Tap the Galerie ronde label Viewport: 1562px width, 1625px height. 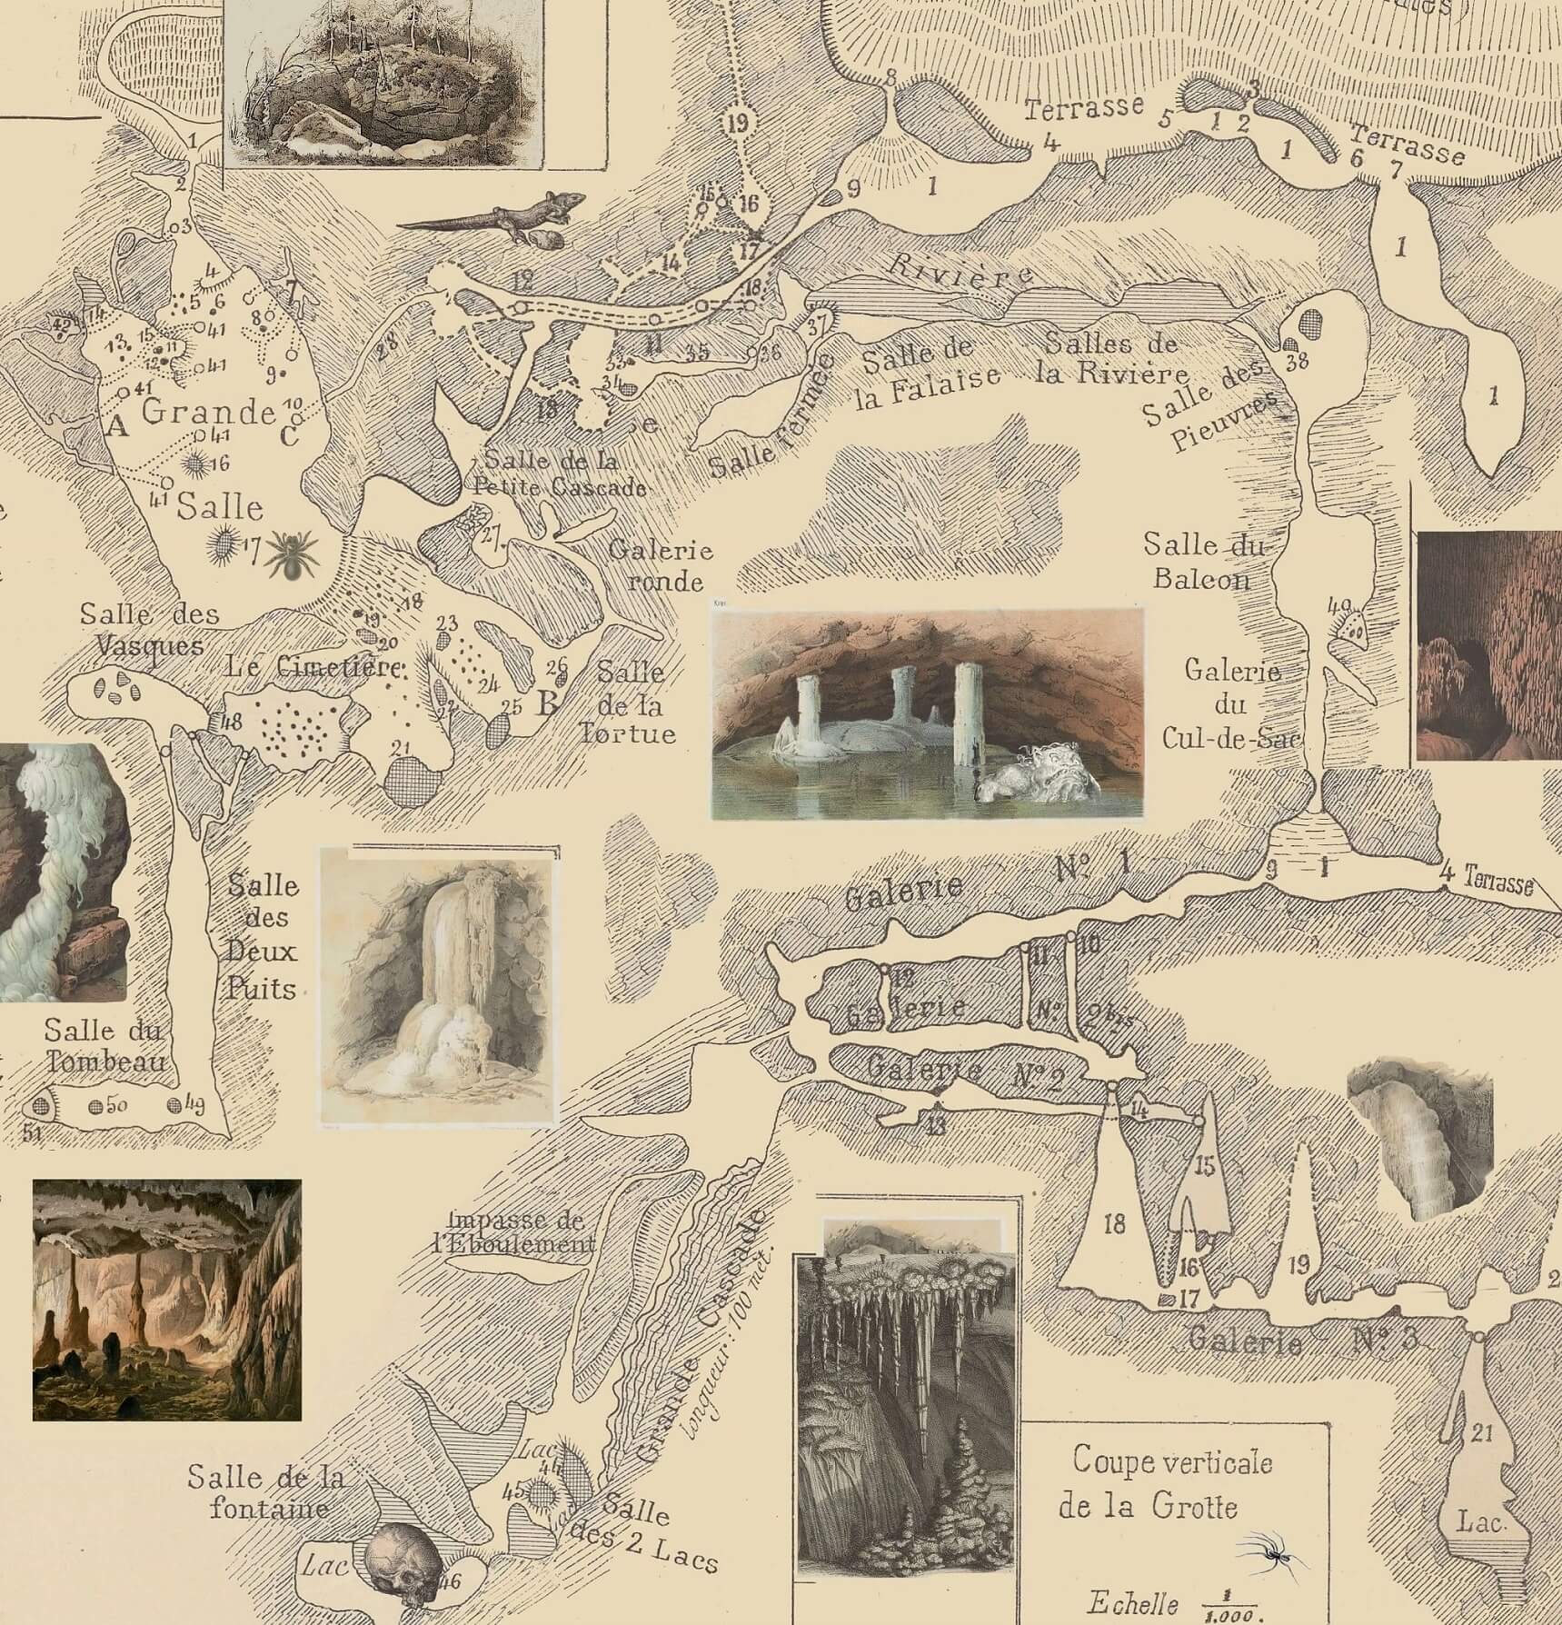662,563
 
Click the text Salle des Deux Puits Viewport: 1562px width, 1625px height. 263,936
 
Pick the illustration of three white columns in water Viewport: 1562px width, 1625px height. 927,714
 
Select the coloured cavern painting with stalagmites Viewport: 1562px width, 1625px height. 166,1301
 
